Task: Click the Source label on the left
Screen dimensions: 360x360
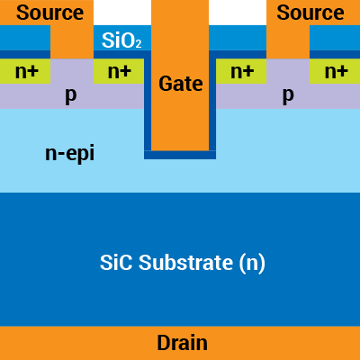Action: [x=49, y=13]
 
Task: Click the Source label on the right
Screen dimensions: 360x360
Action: [x=310, y=13]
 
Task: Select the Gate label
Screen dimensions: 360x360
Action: [x=181, y=84]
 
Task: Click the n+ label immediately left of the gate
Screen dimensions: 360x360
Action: [x=119, y=71]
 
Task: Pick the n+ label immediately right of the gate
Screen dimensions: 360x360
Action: [x=241, y=71]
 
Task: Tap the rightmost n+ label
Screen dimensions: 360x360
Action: [x=336, y=71]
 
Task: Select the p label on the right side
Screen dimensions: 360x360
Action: [x=288, y=94]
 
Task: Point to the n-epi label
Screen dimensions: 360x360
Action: [x=69, y=153]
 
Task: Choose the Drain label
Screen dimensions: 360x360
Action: [x=182, y=343]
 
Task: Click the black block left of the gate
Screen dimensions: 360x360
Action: [x=121, y=12]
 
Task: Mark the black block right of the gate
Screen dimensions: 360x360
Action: [x=238, y=12]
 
